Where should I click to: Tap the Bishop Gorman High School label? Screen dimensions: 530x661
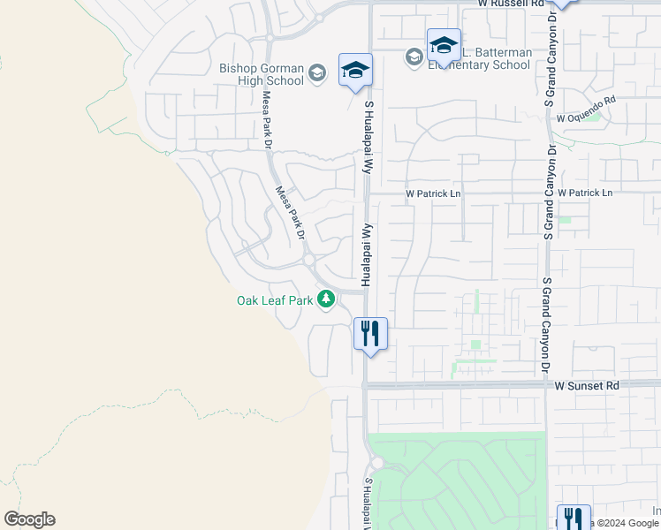click(x=262, y=75)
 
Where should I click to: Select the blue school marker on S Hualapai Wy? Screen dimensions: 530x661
click(x=355, y=71)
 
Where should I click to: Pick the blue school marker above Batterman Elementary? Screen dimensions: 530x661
click(x=444, y=45)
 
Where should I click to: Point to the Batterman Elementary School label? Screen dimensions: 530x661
click(x=482, y=58)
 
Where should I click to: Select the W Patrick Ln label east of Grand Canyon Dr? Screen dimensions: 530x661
click(x=582, y=193)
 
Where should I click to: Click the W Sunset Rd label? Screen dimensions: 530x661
click(x=588, y=386)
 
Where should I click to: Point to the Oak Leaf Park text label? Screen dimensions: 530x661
click(x=275, y=300)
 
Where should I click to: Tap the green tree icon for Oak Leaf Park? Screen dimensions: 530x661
click(x=326, y=300)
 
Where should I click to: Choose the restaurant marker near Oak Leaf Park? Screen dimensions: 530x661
click(x=370, y=334)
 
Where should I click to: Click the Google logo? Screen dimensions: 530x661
click(x=29, y=519)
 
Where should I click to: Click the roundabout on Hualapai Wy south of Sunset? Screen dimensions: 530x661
click(x=377, y=463)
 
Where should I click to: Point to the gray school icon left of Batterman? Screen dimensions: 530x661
click(x=414, y=57)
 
